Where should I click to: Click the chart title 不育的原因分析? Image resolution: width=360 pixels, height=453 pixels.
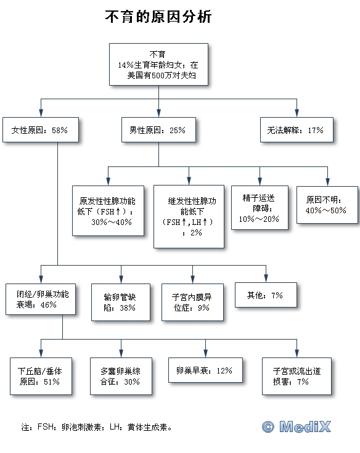coord(158,17)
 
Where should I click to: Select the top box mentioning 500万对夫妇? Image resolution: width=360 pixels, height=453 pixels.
coord(158,65)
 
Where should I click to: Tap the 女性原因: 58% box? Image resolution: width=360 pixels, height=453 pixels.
coord(41,129)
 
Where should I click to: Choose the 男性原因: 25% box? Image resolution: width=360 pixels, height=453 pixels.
coord(158,129)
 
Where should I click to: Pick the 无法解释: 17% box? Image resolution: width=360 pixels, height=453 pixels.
coord(297,129)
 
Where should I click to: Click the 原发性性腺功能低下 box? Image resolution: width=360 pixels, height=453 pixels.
coord(108,211)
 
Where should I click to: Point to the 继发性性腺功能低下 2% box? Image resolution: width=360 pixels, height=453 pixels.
coord(189,217)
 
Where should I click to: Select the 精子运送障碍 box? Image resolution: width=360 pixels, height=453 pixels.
coord(260,208)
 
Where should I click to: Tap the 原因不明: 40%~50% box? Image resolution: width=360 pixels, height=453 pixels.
coord(327,205)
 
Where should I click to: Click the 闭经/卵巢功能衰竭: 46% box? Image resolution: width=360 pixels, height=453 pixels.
coord(41,299)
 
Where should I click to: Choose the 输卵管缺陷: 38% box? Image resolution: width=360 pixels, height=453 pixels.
coord(121,302)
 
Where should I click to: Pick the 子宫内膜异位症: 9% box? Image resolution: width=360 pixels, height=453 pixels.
coord(193,302)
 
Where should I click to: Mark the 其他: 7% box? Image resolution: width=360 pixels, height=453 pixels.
coord(266,295)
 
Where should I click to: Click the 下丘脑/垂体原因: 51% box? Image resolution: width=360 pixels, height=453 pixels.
coord(41,376)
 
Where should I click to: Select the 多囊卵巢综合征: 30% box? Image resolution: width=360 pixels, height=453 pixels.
coord(121,376)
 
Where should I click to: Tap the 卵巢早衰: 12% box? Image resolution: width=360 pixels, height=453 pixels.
coord(205,370)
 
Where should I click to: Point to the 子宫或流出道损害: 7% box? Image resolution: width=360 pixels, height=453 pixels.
coord(297,376)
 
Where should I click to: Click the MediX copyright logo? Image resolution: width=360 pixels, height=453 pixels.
coord(297,426)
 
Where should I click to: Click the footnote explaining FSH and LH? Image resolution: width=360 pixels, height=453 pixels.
coord(97,427)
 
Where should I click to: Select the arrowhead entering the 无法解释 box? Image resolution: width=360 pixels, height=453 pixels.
coord(297,113)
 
